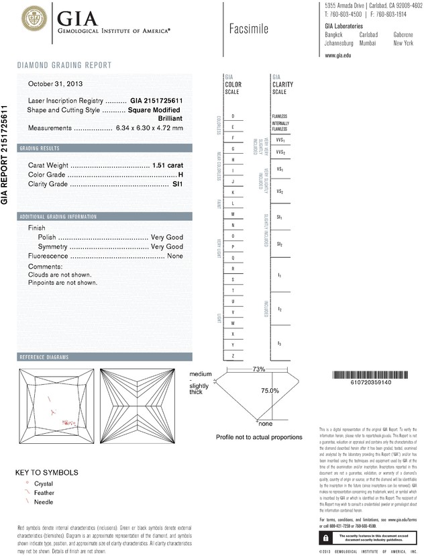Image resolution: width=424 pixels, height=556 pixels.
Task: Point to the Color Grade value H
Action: click(x=180, y=175)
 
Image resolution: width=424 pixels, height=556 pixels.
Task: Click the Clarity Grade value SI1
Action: click(x=178, y=185)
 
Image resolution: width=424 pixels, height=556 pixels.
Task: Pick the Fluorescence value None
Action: click(x=175, y=257)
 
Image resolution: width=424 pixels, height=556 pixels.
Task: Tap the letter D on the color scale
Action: click(x=233, y=116)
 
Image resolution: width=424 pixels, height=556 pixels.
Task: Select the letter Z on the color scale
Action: click(x=233, y=355)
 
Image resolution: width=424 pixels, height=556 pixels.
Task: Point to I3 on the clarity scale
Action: click(x=279, y=343)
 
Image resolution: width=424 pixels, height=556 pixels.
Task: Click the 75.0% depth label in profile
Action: click(x=270, y=390)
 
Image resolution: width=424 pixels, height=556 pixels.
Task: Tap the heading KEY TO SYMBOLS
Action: click(x=47, y=472)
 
